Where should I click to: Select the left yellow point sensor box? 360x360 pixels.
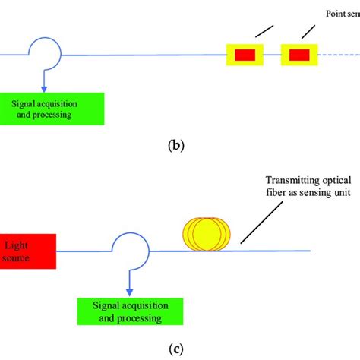point(245,55)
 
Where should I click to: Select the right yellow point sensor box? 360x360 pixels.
point(298,55)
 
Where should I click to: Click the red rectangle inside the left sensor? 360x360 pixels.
point(245,55)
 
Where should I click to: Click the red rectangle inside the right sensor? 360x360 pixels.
point(298,55)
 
